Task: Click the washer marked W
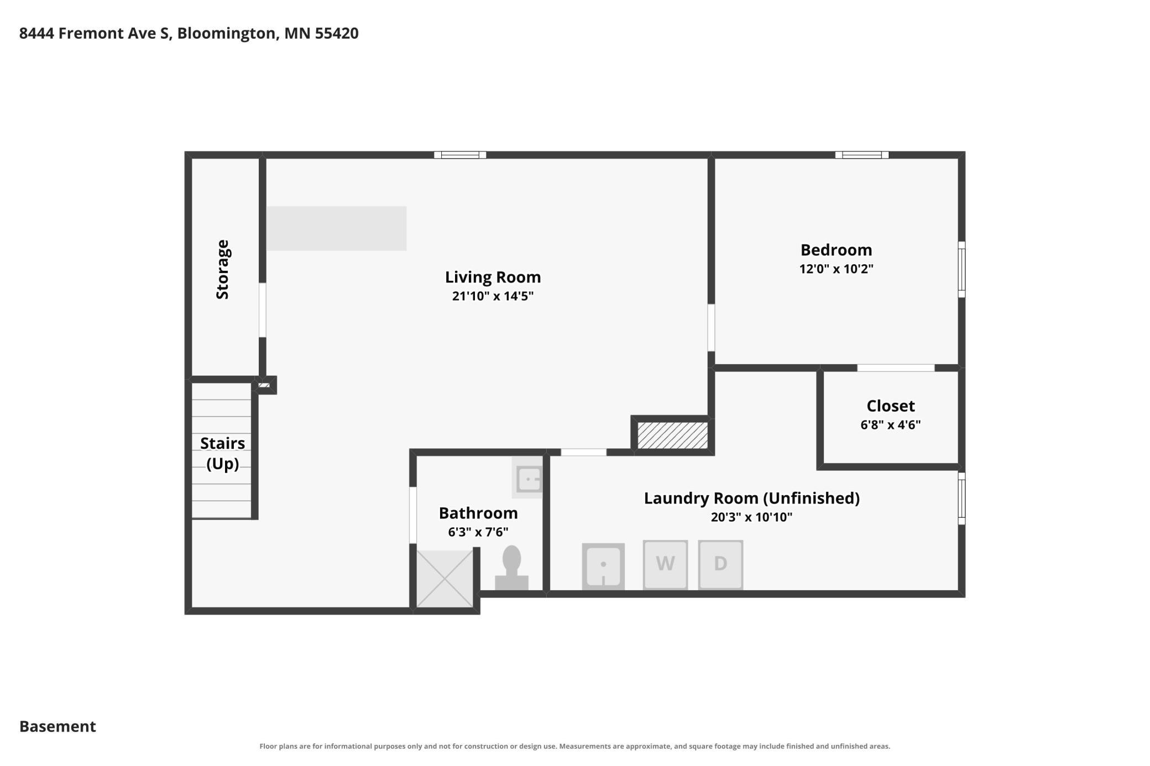coord(665,564)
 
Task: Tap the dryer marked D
coord(720,564)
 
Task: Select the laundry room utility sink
coord(603,566)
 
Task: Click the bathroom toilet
coord(511,568)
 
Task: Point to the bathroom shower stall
coord(445,579)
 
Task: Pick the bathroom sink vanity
coord(527,478)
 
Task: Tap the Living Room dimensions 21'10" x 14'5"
coord(493,296)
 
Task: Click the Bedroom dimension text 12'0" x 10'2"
coord(836,269)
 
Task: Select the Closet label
coord(890,406)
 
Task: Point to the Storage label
coord(222,270)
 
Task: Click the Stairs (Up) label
coord(222,453)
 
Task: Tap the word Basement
coord(57,726)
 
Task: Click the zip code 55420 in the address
coord(337,33)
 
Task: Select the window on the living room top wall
coord(460,155)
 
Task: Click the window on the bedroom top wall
coord(862,155)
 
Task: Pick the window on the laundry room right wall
coord(961,499)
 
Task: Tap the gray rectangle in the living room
coord(336,228)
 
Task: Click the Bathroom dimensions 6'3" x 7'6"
coord(478,532)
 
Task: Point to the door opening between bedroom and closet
coord(896,368)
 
